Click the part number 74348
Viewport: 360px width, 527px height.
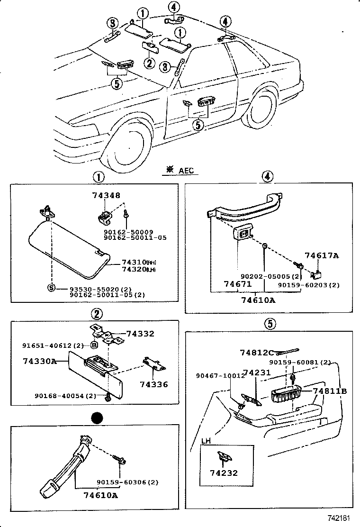[106, 195]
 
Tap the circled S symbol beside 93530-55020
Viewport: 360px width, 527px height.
[50, 287]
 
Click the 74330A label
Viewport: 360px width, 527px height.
[39, 361]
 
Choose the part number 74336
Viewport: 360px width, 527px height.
[153, 384]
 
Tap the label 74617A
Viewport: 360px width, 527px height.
[322, 255]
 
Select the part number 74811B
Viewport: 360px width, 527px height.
[330, 391]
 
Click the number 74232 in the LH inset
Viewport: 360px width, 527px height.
[224, 472]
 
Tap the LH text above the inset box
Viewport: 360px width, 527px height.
[206, 440]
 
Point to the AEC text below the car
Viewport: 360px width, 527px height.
[186, 171]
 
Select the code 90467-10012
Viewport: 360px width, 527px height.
[219, 375]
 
